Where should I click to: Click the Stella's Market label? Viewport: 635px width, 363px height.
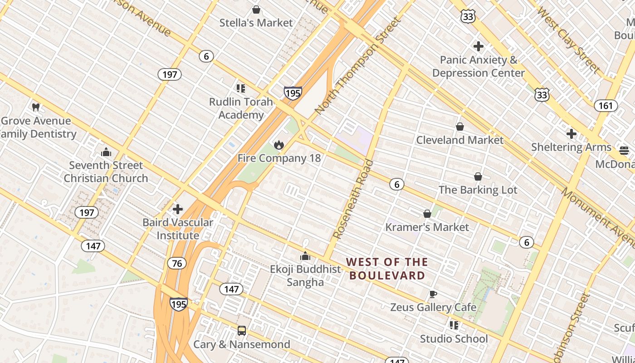tap(256, 23)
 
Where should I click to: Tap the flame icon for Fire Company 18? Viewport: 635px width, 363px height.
tap(278, 145)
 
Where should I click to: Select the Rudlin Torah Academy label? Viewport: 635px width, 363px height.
tap(241, 108)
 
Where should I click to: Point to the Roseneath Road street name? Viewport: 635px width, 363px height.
tap(353, 200)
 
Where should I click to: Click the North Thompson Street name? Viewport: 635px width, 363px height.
tap(358, 66)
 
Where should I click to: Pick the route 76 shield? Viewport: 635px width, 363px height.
tap(176, 263)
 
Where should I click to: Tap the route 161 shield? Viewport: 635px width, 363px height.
tap(606, 106)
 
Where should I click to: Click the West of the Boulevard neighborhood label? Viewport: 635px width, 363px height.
tap(387, 269)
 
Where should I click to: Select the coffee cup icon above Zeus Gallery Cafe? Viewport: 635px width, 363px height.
tap(433, 294)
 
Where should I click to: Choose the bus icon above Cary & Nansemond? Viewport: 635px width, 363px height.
tap(242, 331)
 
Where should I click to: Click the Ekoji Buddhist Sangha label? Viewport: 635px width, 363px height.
tap(305, 275)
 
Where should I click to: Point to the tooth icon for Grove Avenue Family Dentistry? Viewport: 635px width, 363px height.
tap(36, 108)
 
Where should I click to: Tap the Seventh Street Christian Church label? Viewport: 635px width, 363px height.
tap(106, 172)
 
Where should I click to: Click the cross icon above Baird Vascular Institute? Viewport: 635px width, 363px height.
tap(178, 209)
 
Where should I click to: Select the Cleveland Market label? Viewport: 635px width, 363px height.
tap(460, 140)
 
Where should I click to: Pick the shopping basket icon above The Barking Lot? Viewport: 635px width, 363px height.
tap(478, 177)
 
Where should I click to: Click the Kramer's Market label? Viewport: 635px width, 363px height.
tap(427, 227)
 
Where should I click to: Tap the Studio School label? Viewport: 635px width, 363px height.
tap(454, 339)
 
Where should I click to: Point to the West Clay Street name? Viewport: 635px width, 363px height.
tap(568, 40)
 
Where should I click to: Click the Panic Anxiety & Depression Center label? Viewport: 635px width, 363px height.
tap(479, 66)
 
